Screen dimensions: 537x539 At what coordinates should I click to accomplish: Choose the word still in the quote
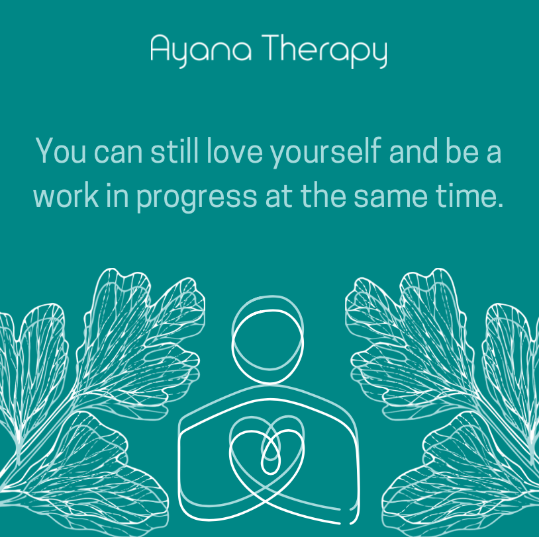pos(174,151)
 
